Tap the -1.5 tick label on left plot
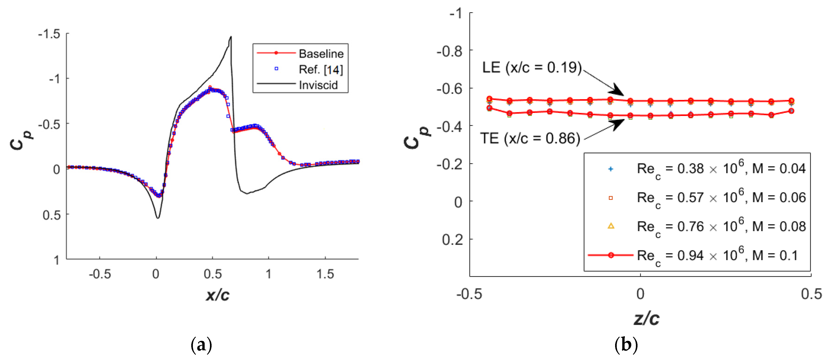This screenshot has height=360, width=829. (49, 34)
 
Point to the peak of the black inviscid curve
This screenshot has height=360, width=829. (231, 37)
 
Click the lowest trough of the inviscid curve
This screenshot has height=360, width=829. (158, 218)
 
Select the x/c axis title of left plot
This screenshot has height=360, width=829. (218, 295)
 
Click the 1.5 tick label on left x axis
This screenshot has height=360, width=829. (325, 274)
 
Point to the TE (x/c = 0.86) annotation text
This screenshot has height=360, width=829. (530, 138)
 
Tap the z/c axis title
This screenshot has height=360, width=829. (646, 319)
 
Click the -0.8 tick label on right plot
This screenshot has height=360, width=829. (449, 51)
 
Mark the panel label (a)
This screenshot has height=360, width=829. (201, 345)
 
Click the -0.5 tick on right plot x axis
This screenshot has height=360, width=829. (469, 294)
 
